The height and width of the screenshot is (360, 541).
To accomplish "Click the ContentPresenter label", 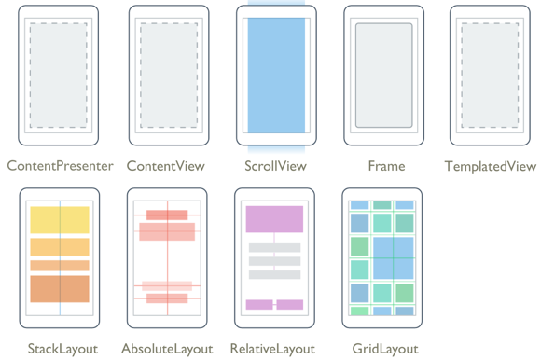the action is [60, 166].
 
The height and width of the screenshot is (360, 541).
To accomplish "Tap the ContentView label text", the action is [165, 166].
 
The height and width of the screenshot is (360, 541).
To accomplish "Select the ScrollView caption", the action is [275, 166].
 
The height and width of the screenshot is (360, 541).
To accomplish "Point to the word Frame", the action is [386, 166].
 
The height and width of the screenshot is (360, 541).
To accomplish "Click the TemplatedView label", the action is [491, 166].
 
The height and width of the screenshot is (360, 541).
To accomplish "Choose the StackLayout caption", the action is [60, 349].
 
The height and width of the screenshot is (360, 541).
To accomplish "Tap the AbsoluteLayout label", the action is [167, 349].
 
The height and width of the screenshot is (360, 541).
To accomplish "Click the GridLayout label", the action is [382, 349].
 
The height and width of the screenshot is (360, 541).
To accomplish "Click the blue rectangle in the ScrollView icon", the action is [275, 75].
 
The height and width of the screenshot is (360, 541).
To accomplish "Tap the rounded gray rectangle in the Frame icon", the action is [383, 75].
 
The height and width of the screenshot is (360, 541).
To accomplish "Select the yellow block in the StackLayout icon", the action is [60, 220].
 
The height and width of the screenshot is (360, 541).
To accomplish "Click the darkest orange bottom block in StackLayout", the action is [60, 288].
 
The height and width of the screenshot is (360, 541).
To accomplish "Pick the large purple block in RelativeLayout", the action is [274, 219].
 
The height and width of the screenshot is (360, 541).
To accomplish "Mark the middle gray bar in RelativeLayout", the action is [274, 262].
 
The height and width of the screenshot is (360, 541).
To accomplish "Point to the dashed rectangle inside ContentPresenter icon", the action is [60, 75].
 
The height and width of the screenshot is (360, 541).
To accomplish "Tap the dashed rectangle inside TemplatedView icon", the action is [490, 75].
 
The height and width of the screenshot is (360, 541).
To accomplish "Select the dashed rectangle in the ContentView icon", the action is [168, 75].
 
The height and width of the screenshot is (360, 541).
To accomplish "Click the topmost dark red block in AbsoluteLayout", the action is [167, 215].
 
